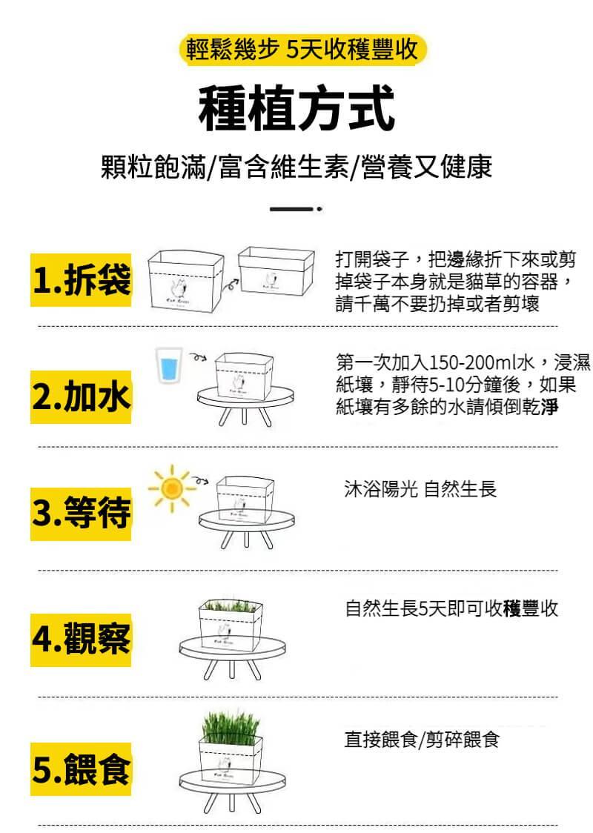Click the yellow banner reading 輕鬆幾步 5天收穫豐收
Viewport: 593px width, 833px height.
click(x=302, y=50)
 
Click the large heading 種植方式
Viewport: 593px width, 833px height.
click(x=296, y=108)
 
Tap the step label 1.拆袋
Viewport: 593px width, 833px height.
click(x=81, y=280)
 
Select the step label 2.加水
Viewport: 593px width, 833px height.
click(x=81, y=396)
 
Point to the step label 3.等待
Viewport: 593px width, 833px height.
click(x=81, y=514)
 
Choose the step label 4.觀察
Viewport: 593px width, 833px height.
click(x=81, y=640)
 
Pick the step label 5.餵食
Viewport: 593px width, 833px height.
click(x=81, y=769)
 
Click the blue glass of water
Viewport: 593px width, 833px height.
click(x=169, y=365)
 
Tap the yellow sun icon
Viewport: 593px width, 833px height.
click(x=172, y=488)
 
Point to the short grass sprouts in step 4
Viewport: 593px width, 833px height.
click(x=231, y=605)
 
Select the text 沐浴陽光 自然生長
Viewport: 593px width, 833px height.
click(x=420, y=488)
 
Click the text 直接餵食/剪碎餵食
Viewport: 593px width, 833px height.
click(x=421, y=739)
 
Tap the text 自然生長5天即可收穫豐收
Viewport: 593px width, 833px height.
click(x=451, y=608)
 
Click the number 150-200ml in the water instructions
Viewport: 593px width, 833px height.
click(x=472, y=362)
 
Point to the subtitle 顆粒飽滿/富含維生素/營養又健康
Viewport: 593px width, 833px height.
click(x=296, y=167)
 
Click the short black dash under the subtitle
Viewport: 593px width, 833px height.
click(x=291, y=209)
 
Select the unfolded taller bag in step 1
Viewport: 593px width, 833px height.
click(x=185, y=279)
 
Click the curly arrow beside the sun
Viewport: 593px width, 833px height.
click(x=200, y=481)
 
